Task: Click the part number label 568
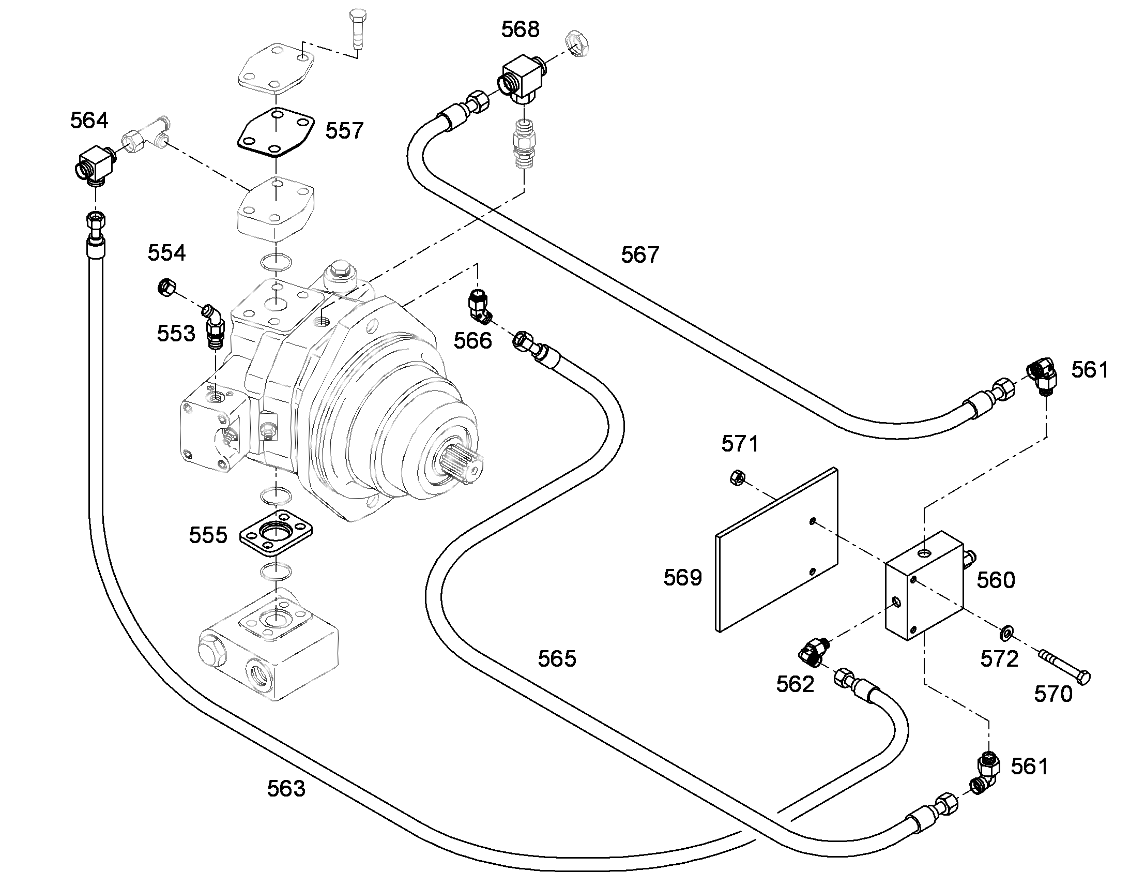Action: click(x=520, y=29)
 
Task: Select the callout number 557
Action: click(x=345, y=130)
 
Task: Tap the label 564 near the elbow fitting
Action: click(x=89, y=121)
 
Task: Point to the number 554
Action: click(x=166, y=253)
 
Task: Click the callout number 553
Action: click(x=176, y=334)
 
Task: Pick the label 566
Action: click(x=473, y=341)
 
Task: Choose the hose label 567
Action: click(x=640, y=254)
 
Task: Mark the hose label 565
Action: click(x=557, y=658)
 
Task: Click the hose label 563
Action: click(x=286, y=788)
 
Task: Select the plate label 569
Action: click(x=683, y=577)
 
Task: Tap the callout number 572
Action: click(x=999, y=659)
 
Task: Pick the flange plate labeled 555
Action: click(x=276, y=534)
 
